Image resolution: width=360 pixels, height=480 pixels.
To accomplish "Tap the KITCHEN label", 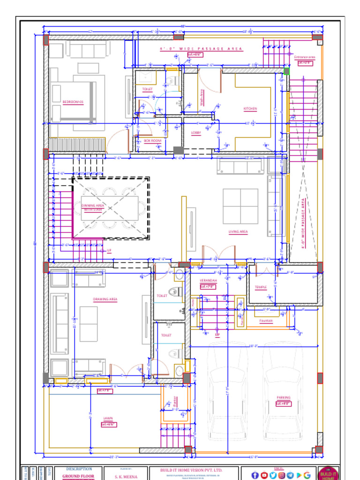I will (x=250, y=109).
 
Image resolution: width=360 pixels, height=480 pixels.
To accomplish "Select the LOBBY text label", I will (x=196, y=133).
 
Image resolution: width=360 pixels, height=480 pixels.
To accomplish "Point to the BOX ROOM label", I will (x=152, y=141).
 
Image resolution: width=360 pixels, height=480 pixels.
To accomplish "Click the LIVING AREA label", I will (x=238, y=232).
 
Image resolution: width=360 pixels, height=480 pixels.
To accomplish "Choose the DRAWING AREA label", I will (x=105, y=299).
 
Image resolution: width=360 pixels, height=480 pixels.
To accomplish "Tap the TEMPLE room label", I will (x=261, y=287).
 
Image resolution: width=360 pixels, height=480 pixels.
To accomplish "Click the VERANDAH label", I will (x=208, y=280).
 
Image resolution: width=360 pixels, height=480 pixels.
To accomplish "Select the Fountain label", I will (x=266, y=321).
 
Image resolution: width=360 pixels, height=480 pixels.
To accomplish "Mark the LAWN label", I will (x=108, y=418).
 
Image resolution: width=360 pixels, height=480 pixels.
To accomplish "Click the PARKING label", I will (x=283, y=397).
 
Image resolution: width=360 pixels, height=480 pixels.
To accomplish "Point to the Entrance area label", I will (x=305, y=57).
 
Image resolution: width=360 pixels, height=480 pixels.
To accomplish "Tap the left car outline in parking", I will (x=228, y=391).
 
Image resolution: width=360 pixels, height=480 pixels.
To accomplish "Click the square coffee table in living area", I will (x=240, y=206).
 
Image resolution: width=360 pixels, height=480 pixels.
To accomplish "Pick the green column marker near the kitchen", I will (x=286, y=71).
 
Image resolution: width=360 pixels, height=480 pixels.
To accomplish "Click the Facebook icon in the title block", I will (x=255, y=475).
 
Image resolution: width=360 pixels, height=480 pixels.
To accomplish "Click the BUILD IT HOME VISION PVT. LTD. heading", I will (x=192, y=470).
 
